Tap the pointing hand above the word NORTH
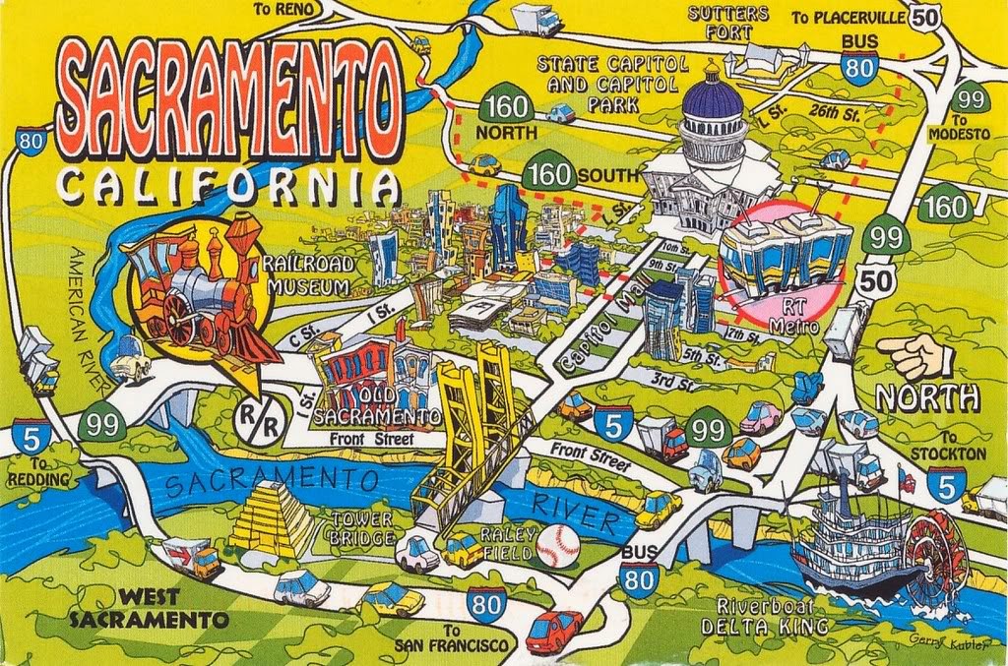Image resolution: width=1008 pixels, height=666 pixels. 914,356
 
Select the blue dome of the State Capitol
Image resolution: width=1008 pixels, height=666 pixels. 712,97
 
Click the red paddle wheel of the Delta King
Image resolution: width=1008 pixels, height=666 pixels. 935,557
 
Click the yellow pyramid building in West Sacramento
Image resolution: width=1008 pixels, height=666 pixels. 264,520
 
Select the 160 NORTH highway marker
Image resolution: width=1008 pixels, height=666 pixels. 506,109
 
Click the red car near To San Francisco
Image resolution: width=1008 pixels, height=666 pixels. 554,630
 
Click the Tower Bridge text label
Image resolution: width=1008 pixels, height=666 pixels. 363,527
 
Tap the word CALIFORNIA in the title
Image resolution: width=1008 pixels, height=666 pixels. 227,184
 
